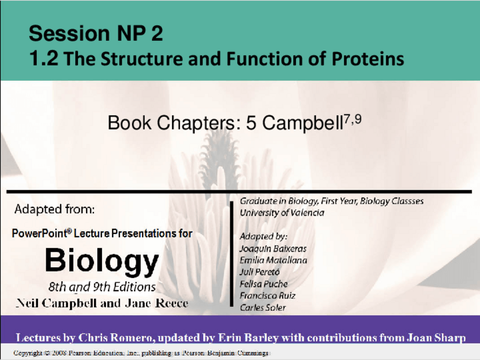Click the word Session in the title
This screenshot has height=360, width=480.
coord(69,33)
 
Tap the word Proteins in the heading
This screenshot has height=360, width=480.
coord(368,58)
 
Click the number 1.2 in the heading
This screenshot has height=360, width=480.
coord(44,58)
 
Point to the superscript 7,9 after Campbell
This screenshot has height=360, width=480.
coord(353,119)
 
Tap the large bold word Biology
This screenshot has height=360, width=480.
coord(102,261)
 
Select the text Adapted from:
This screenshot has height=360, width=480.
coord(54,209)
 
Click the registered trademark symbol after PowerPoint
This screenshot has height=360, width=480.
coord(69,230)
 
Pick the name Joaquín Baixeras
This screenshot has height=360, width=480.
coord(273,248)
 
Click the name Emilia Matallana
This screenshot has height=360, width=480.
coord(273,260)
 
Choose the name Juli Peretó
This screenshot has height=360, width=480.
coord(259,272)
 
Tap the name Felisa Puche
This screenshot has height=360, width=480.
coord(263,284)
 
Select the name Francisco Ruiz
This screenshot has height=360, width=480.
coord(267,295)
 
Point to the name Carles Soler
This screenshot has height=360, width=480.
coord(263,307)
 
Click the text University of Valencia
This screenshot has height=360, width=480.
coord(282,212)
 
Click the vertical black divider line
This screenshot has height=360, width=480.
coord(232,254)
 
